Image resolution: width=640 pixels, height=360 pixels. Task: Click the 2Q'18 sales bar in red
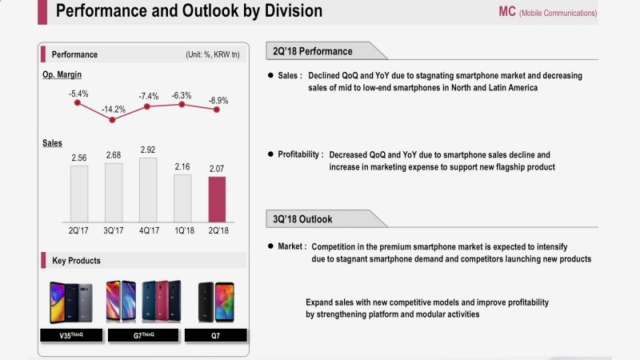pyautogui.click(x=217, y=198)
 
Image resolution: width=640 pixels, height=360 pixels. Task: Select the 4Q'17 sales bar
pyautogui.click(x=148, y=189)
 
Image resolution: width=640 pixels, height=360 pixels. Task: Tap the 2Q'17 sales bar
pyautogui.click(x=79, y=193)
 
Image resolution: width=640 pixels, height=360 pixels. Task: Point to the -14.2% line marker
pyautogui.click(x=113, y=120)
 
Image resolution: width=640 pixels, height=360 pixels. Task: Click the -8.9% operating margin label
pyautogui.click(x=217, y=101)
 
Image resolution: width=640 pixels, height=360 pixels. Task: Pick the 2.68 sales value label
pyautogui.click(x=114, y=154)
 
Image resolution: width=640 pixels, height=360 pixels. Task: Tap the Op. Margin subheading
pyautogui.click(x=62, y=74)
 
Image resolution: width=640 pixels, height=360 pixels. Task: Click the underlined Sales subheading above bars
pyautogui.click(x=52, y=142)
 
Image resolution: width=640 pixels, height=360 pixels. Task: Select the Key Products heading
pyautogui.click(x=76, y=261)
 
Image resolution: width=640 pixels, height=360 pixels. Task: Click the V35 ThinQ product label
pyautogui.click(x=71, y=336)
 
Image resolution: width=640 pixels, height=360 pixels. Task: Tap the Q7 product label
pyautogui.click(x=217, y=336)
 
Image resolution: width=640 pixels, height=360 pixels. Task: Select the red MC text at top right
pyautogui.click(x=507, y=12)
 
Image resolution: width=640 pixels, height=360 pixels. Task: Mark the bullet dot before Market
pyautogui.click(x=270, y=247)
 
